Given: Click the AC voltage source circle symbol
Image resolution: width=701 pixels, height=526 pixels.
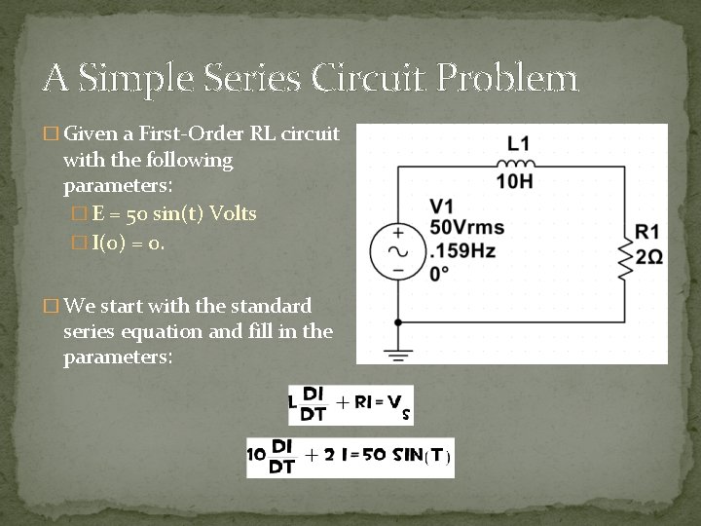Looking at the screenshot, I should coord(397,249).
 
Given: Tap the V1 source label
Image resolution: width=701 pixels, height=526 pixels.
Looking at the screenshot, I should coord(442,207).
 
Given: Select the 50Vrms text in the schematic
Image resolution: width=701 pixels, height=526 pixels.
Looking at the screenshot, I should coord(467,228).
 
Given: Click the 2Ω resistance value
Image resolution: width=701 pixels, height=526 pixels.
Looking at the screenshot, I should coord(648,255).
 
